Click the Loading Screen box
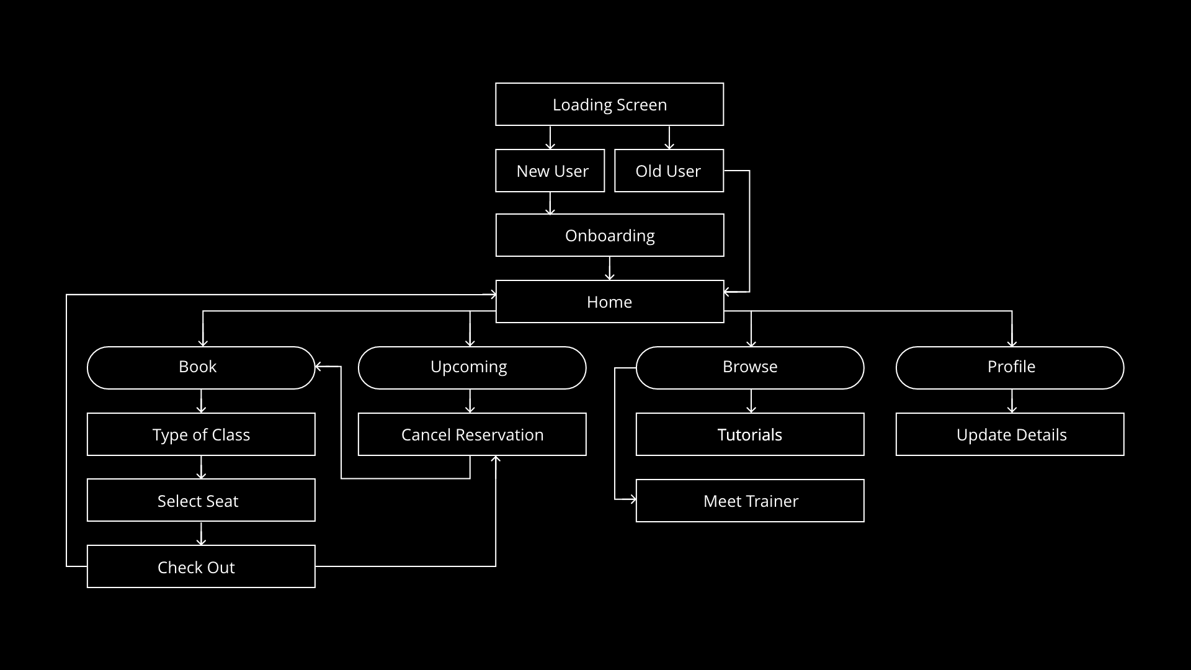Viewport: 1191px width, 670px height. pos(609,104)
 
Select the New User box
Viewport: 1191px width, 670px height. pos(550,171)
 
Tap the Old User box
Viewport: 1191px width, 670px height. pos(669,171)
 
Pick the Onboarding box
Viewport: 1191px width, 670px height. pos(609,235)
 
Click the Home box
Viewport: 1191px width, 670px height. pos(609,301)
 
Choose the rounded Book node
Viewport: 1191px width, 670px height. pos(201,367)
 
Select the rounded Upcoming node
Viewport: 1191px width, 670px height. pos(471,367)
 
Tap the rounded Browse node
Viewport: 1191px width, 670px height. pos(749,367)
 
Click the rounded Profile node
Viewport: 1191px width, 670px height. pos(1009,367)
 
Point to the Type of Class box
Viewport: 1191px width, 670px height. pos(201,434)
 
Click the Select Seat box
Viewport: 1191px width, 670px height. pos(201,500)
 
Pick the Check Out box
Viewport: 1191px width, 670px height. pos(201,566)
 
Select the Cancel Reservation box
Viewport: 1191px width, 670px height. pos(471,434)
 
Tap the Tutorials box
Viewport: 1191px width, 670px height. pos(749,434)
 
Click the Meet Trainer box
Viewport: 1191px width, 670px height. pos(749,501)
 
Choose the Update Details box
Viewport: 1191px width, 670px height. pos(1009,434)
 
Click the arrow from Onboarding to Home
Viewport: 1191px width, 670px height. pos(610,269)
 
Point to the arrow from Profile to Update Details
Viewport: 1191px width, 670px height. pos(1012,401)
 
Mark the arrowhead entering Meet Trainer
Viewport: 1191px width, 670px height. pos(632,499)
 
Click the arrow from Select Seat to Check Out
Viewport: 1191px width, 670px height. pos(201,534)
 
